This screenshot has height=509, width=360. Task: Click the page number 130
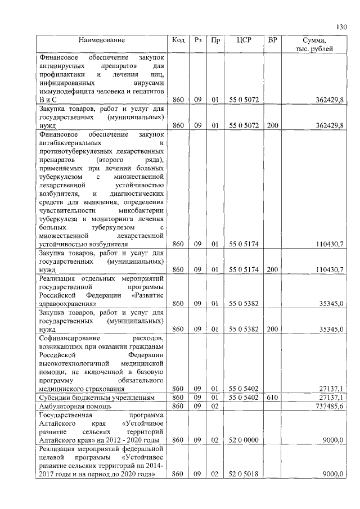point(342,27)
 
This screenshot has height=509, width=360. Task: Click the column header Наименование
point(102,40)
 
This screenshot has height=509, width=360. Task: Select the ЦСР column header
point(244,40)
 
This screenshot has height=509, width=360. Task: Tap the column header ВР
point(273,40)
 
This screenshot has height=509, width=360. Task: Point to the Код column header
point(178,40)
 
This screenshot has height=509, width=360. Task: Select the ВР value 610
point(273,398)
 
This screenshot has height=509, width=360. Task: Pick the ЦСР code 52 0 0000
point(244,440)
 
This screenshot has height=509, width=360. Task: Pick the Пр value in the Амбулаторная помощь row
point(214,406)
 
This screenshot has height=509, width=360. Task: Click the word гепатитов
point(147,91)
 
